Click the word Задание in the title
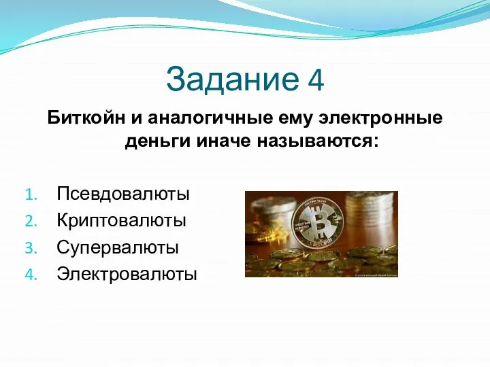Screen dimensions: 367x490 (x=228, y=79)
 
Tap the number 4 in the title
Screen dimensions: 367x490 (x=315, y=80)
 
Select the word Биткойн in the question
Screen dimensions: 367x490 (x=85, y=118)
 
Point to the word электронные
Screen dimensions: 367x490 (x=370, y=118)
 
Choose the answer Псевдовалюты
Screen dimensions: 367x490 (x=123, y=194)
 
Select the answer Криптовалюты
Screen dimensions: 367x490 (x=122, y=221)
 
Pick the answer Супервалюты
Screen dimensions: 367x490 (x=118, y=247)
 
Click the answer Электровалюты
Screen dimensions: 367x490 (x=127, y=274)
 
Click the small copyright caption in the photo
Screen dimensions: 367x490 (x=370, y=275)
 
